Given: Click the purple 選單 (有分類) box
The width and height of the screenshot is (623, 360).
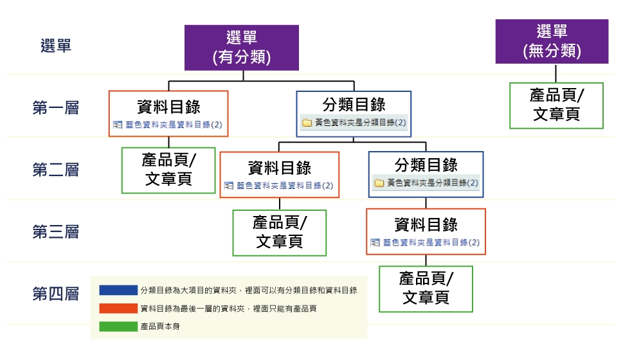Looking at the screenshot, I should [242, 48].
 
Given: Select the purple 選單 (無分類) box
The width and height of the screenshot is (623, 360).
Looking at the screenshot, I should [552, 42].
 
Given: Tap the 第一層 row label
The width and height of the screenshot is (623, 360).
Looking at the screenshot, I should [56, 108].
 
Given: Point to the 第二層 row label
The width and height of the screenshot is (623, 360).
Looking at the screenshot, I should [56, 170].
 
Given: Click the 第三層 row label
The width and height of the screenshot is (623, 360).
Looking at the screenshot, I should [56, 232].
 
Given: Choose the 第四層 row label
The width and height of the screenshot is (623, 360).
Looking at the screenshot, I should [56, 294].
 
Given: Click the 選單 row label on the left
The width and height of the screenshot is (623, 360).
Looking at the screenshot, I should [56, 46].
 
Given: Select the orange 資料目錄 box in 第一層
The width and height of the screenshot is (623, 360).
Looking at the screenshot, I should [168, 113].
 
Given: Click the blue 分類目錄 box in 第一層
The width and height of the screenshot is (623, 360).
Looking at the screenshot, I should [353, 113].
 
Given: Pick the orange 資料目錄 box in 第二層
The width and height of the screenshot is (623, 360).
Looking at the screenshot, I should [279, 174].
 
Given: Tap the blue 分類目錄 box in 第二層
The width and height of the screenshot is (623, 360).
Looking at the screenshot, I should [426, 174].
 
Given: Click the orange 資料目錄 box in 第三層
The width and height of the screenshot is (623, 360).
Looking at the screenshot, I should [426, 231].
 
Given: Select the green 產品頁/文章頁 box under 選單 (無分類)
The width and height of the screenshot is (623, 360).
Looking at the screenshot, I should [556, 105].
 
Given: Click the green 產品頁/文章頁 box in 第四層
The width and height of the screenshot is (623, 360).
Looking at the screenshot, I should [426, 289].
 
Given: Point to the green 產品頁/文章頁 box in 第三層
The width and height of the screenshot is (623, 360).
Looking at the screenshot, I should [279, 232].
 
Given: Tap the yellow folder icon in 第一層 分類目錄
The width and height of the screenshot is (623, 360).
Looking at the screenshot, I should [307, 122].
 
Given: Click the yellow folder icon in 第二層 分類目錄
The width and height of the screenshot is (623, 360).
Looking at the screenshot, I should [379, 183].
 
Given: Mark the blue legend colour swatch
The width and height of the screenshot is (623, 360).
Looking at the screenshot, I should [118, 291].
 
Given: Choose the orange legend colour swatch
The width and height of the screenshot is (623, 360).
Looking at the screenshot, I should [118, 309].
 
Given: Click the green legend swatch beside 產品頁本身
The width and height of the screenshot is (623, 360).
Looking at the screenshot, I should [118, 327].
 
